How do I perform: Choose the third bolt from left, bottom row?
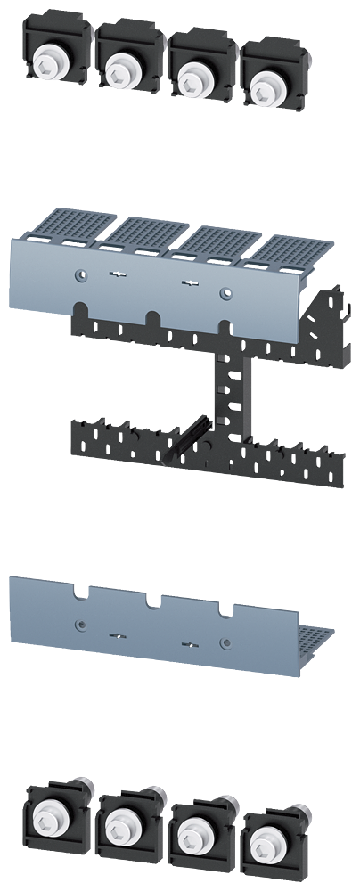tap(190, 834)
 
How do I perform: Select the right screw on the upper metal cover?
tap(225, 290)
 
